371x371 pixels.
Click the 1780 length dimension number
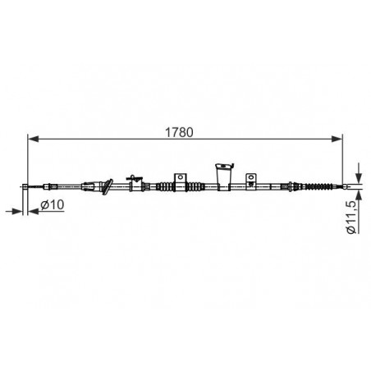(x=179, y=132)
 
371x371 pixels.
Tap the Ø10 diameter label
(x=52, y=204)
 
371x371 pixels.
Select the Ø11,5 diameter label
(x=351, y=217)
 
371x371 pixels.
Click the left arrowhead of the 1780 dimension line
(x=34, y=139)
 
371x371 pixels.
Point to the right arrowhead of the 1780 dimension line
(x=337, y=139)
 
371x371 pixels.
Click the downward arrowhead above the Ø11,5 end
(x=360, y=178)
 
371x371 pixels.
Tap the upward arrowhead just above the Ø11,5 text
(x=360, y=196)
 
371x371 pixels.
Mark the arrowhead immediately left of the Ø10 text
(x=34, y=211)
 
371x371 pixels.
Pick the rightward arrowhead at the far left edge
(x=17, y=211)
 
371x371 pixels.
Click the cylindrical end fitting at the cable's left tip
(x=25, y=186)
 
